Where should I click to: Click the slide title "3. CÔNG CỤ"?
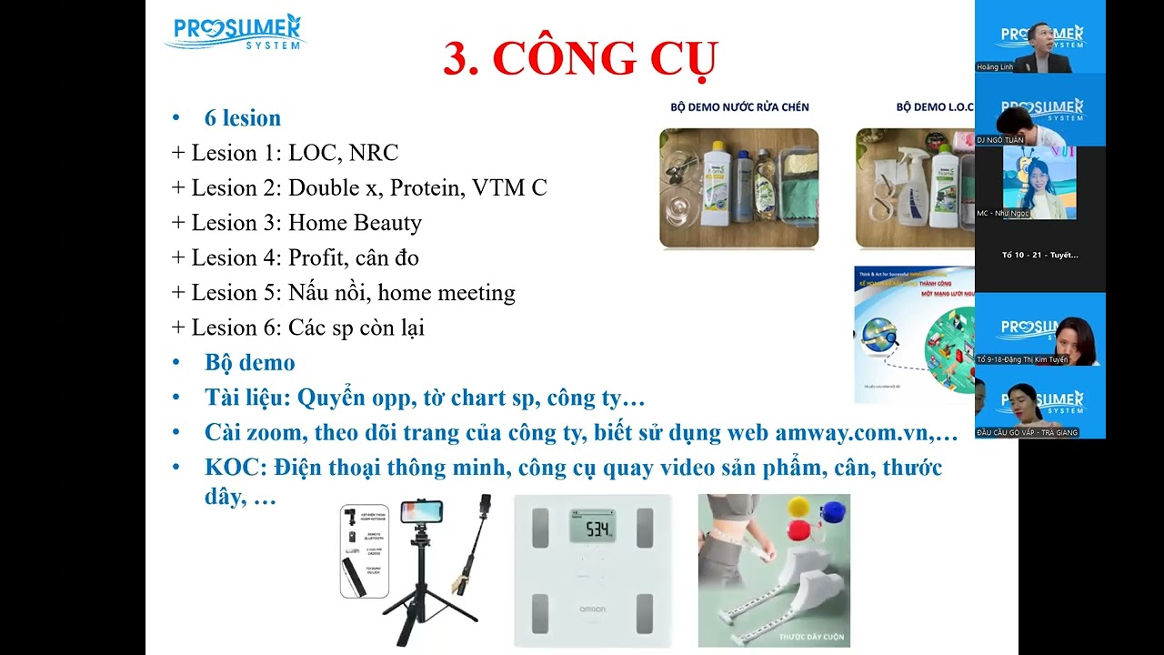(x=580, y=58)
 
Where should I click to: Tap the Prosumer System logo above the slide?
(x=236, y=32)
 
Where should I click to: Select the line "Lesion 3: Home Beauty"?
(x=306, y=223)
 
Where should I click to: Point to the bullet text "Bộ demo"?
(x=249, y=363)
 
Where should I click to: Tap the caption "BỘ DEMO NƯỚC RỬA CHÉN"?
(x=739, y=107)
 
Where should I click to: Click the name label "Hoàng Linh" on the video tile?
(x=995, y=67)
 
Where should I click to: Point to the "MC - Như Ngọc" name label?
(x=1003, y=213)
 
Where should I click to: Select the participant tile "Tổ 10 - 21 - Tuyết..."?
(x=1039, y=255)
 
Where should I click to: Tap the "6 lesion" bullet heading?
(x=242, y=118)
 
